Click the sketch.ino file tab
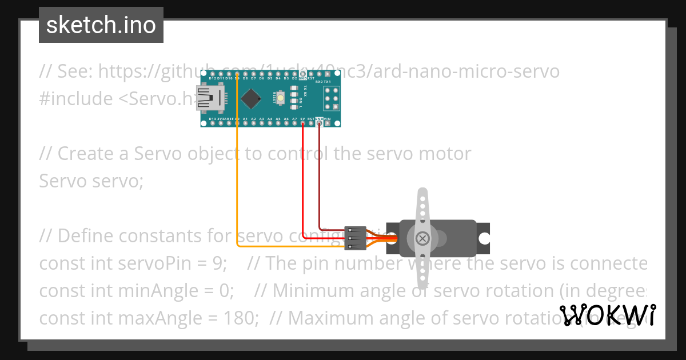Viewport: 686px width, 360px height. click(101, 25)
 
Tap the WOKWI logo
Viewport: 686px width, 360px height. click(608, 315)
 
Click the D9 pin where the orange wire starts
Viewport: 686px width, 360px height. click(237, 74)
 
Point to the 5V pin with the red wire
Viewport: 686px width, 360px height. click(302, 123)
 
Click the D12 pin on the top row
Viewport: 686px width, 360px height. click(212, 74)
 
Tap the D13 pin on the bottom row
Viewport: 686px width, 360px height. click(212, 123)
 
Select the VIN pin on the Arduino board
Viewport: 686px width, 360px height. click(327, 123)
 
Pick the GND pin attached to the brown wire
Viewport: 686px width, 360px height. click(319, 123)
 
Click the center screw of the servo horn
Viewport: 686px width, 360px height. click(422, 238)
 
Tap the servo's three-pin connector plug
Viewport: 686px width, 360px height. click(356, 238)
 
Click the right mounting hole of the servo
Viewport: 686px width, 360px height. click(484, 238)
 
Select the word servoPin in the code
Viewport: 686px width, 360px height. click(186, 263)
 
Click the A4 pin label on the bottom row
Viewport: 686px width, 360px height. click(269, 118)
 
